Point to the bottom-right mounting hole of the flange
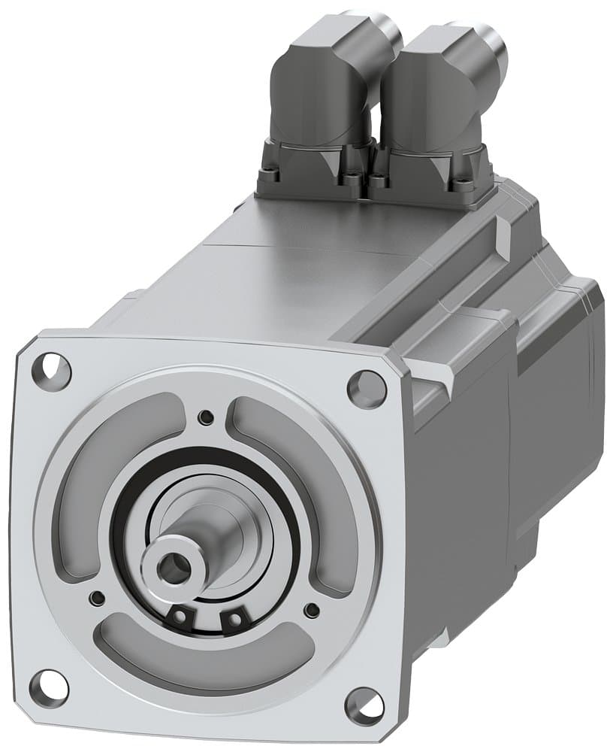(x=364, y=705)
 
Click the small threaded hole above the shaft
(x=205, y=417)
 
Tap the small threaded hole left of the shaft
(x=97, y=598)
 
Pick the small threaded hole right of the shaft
(x=311, y=610)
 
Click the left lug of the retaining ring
(x=180, y=617)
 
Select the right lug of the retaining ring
(x=235, y=620)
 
